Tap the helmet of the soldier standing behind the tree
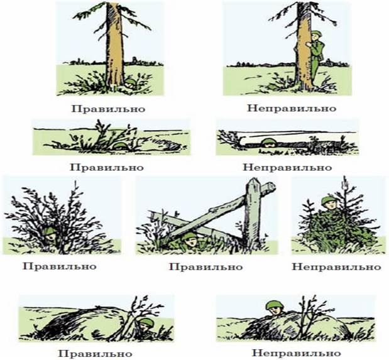316,34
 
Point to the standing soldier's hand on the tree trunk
309,45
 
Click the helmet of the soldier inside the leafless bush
50,231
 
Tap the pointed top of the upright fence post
253,180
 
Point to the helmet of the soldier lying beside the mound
146,322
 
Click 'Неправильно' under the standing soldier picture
292,109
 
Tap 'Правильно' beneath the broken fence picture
205,267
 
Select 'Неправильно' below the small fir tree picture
336,267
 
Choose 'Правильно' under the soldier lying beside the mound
96,353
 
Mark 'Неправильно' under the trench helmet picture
287,168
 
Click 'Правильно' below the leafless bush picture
59,266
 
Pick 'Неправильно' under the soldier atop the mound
297,353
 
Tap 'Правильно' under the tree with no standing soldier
108,109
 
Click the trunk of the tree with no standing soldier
114,45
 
